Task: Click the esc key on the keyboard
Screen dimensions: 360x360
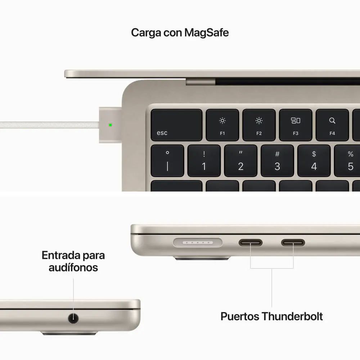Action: tap(176, 125)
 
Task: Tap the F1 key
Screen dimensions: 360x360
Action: tap(222, 125)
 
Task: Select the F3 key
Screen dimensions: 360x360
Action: tap(296, 125)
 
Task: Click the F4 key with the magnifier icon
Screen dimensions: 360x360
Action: tap(332, 125)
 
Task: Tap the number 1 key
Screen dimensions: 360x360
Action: tap(204, 161)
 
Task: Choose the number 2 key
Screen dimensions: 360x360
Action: tap(240, 161)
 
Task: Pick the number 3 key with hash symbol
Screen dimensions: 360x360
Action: tap(277, 161)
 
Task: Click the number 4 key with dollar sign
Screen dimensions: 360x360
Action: tap(314, 161)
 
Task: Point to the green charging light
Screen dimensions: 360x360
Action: tap(110, 125)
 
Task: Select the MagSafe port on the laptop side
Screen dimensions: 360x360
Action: tap(198, 243)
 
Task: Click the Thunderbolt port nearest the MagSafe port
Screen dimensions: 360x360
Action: tap(250, 243)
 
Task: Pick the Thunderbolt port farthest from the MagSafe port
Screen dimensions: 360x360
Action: tap(293, 243)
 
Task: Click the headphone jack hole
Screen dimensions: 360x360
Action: tap(73, 318)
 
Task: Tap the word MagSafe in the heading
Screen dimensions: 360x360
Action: tap(206, 33)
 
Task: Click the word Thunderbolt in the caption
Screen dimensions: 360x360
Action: tap(292, 316)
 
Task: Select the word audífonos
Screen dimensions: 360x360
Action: tap(73, 267)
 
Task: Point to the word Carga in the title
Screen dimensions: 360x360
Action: tap(146, 33)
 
